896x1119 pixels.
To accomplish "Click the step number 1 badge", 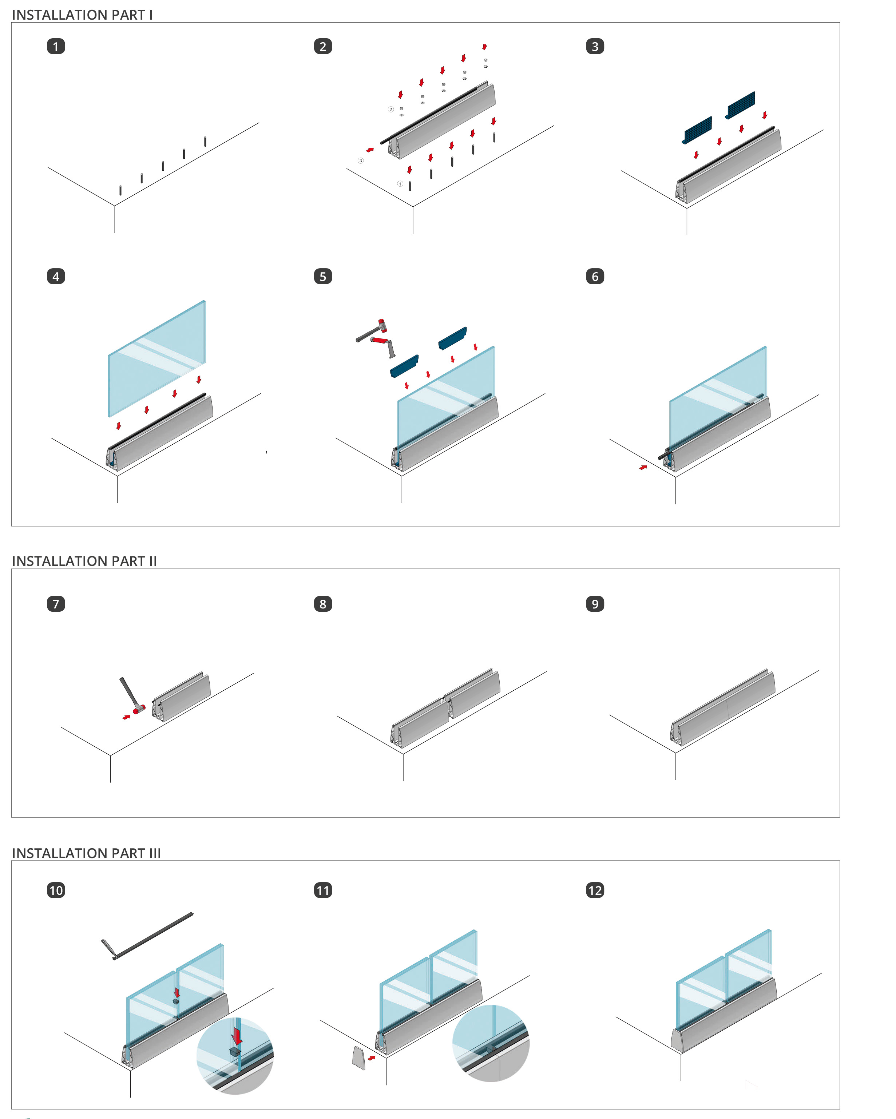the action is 56,46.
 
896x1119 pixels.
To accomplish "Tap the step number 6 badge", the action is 595,276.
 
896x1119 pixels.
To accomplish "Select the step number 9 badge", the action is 595,604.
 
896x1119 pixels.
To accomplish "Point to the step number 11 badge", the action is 323,890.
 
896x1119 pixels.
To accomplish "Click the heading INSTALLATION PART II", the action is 84,561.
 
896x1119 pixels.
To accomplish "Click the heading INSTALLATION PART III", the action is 86,853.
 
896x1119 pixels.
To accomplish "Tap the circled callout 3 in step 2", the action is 361,161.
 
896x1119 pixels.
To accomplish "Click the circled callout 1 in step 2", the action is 400,184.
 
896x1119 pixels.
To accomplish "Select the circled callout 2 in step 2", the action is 391,110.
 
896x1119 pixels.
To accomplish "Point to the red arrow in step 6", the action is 643,468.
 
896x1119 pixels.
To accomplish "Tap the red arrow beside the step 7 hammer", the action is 126,717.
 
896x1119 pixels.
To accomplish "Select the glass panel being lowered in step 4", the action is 157,358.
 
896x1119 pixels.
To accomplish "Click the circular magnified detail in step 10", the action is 235,1056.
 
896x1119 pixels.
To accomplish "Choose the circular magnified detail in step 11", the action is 491,1043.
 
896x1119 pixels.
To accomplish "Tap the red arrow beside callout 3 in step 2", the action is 370,150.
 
